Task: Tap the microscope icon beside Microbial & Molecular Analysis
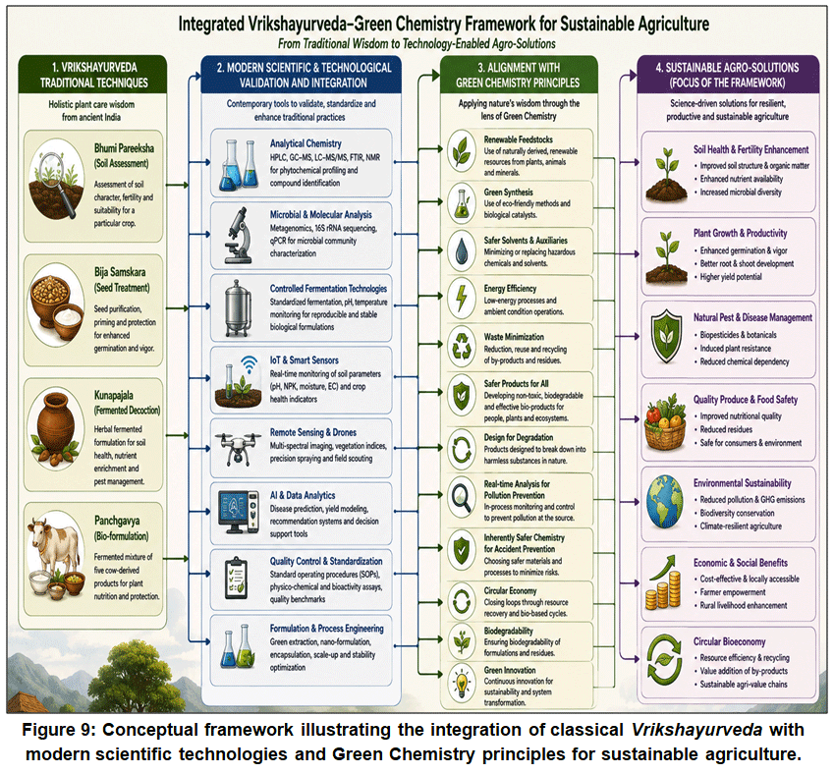[x=239, y=235]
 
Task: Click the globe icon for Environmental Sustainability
[x=665, y=502]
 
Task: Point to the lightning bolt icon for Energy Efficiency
[x=461, y=298]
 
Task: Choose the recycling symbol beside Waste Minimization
[x=461, y=346]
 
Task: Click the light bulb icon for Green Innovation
[x=461, y=683]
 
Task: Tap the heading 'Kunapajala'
[x=114, y=395]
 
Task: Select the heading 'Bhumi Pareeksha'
[x=124, y=148]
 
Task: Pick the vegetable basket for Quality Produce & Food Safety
[x=665, y=422]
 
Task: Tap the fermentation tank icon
[x=238, y=308]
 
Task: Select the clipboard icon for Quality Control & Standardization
[x=236, y=579]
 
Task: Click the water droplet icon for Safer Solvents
[x=461, y=251]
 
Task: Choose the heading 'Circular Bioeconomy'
[x=729, y=641]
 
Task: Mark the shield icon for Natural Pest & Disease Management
[x=666, y=336]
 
